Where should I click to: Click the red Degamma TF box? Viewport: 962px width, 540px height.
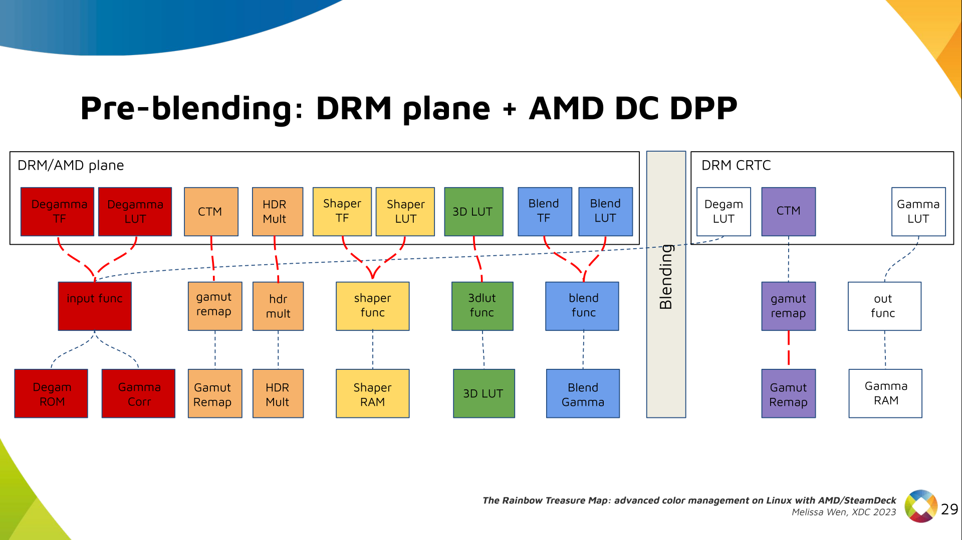pos(58,212)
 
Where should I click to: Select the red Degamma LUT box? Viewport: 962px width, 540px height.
pos(135,212)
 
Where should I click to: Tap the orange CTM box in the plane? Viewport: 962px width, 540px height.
pos(211,212)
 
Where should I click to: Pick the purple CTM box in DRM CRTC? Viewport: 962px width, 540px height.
pos(788,212)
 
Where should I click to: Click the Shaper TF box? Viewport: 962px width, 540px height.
pos(342,212)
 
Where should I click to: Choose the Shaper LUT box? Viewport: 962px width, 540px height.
pos(405,212)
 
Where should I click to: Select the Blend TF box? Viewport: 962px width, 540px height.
pos(545,212)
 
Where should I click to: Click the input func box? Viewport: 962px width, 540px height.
pos(95,306)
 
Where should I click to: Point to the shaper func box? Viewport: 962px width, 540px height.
pos(372,306)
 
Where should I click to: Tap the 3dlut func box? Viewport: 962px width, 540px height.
pos(482,306)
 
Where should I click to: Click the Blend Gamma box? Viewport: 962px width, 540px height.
pos(583,394)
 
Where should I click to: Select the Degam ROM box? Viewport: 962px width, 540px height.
pos(51,394)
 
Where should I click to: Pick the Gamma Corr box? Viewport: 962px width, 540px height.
pos(139,394)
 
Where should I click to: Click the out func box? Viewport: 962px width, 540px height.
pos(884,306)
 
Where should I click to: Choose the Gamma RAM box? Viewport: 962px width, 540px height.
pos(885,394)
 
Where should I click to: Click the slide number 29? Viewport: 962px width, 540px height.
pos(949,509)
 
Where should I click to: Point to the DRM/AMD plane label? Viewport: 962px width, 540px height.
pos(71,165)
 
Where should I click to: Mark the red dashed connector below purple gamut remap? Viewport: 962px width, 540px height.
pos(789,349)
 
